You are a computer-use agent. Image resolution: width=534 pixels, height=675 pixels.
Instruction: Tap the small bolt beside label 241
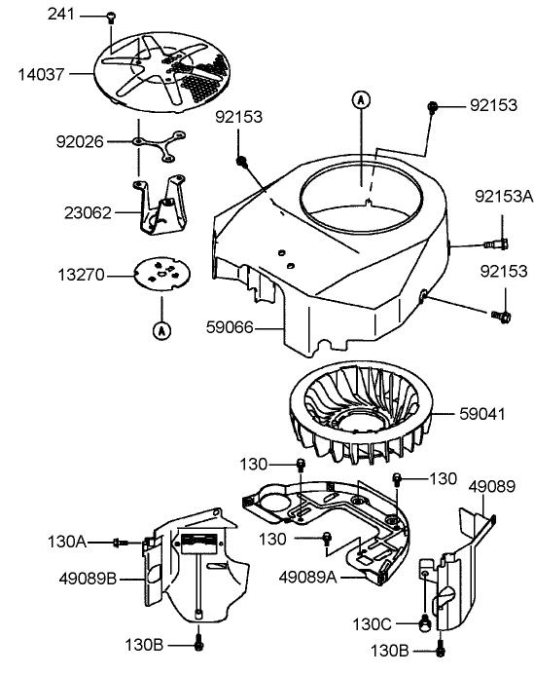click(111, 18)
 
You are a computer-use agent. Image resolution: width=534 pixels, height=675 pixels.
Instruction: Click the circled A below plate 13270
click(160, 330)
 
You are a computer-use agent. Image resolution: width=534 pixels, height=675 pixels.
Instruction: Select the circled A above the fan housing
click(361, 98)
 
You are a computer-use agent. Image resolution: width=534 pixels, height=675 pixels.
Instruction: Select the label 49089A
click(307, 577)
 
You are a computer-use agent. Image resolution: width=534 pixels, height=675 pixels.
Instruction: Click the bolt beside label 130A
click(121, 542)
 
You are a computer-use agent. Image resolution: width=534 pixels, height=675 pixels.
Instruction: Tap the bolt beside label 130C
click(423, 623)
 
